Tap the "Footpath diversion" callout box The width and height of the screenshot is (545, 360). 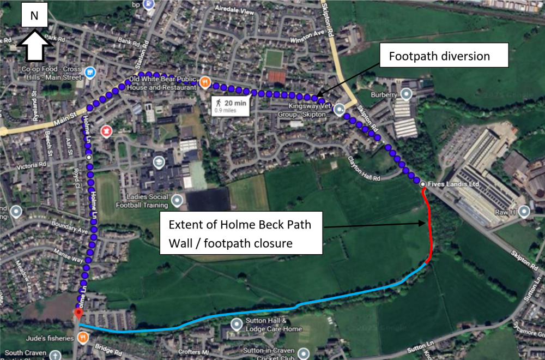click(439, 56)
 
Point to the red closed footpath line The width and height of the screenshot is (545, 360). click(429, 229)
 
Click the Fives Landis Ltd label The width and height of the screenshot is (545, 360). click(453, 184)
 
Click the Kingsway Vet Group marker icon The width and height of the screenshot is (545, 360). click(340, 109)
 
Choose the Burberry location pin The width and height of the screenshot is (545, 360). click(406, 94)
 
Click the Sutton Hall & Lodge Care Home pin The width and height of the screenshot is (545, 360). click(236, 325)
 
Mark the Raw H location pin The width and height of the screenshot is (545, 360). click(524, 211)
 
